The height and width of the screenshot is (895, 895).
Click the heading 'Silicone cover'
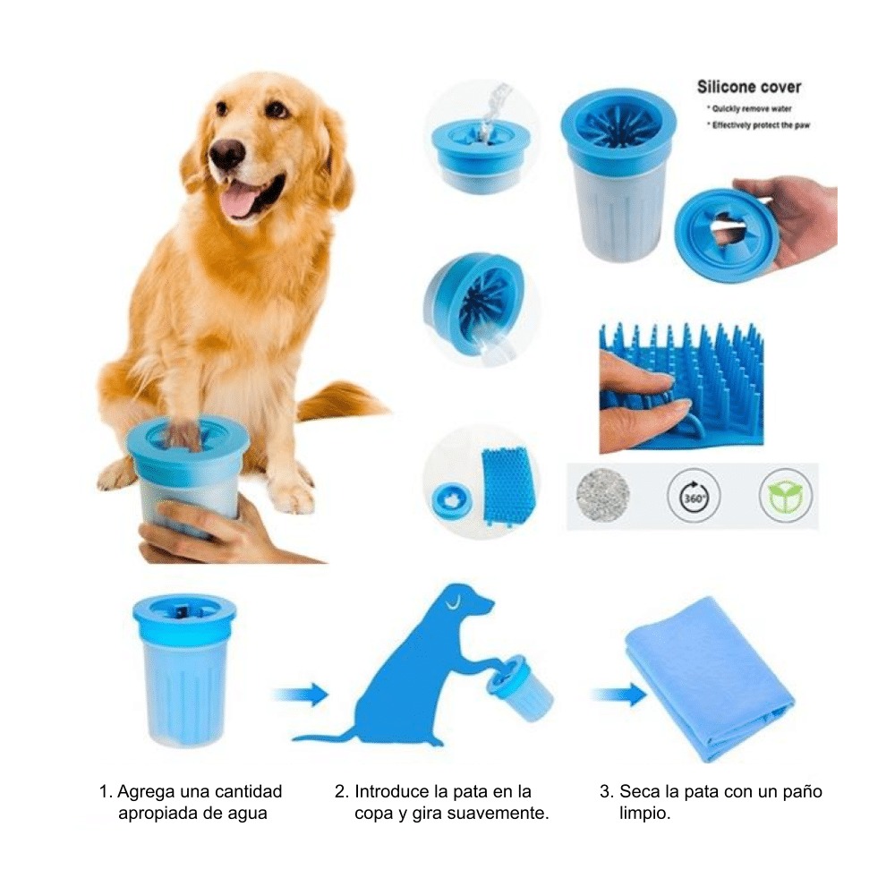coord(748,87)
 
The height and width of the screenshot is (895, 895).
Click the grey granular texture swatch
coord(602,494)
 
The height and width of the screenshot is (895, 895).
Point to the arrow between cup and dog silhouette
coord(300,694)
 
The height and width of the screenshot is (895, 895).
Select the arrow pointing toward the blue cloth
coord(618,694)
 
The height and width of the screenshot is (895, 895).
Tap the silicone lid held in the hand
coord(725,234)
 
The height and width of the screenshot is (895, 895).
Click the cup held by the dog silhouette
coord(520,687)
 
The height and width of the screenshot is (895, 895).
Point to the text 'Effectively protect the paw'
coord(760,125)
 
